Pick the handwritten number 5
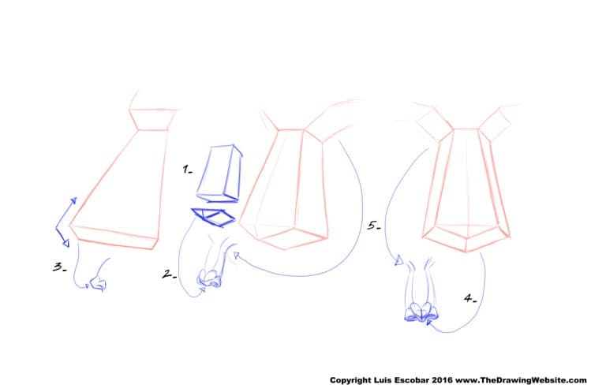pos(374,226)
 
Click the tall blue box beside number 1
pos(219,174)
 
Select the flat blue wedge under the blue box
pos(213,217)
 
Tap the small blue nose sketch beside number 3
pos(97,284)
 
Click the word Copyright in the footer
pos(350,380)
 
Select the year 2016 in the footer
pos(442,380)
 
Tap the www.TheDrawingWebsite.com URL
pos(521,380)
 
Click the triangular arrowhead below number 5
pos(398,261)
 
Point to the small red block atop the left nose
pos(152,119)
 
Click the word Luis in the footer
pos(383,380)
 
